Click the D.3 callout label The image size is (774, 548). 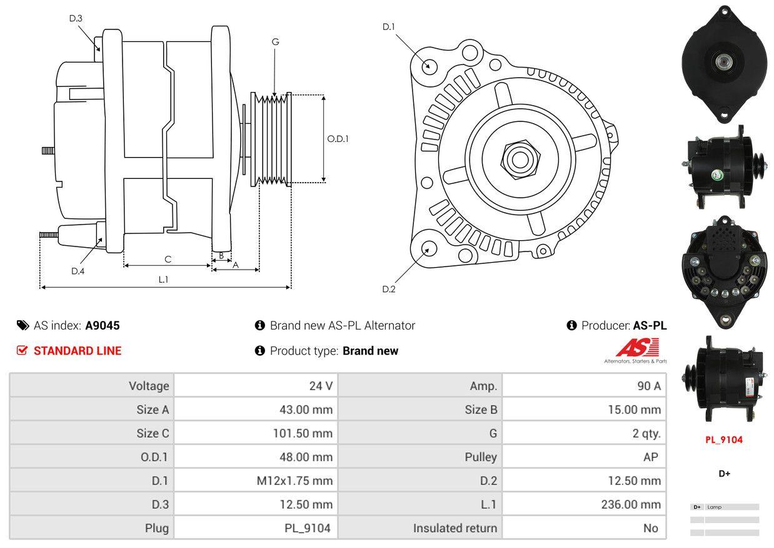click(76, 18)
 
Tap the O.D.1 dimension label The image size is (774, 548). click(338, 139)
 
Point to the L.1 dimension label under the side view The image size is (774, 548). click(163, 280)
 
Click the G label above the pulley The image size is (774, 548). click(275, 42)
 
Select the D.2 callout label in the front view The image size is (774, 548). click(389, 289)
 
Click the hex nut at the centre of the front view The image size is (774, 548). click(520, 160)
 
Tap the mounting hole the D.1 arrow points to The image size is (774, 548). click(430, 66)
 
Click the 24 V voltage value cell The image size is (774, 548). click(321, 385)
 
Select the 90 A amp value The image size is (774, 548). click(649, 385)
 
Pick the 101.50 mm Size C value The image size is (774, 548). click(303, 434)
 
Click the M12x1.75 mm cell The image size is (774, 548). click(294, 480)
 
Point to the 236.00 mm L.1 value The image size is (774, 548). click(631, 504)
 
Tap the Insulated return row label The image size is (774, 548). click(455, 528)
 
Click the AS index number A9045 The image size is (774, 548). click(103, 325)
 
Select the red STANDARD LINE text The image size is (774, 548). click(78, 350)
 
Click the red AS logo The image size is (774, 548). click(638, 347)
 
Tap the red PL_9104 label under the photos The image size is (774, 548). click(724, 440)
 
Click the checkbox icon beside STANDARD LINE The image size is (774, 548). click(22, 350)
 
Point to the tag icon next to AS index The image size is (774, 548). click(23, 325)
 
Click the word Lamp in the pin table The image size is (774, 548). click(714, 507)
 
